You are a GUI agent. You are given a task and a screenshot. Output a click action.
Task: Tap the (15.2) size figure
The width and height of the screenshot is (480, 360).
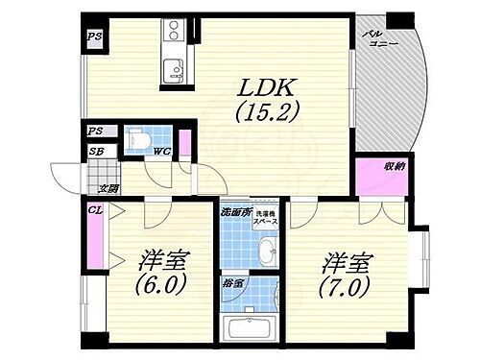[261, 111]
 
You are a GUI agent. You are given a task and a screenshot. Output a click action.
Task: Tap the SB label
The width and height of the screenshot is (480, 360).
[96, 151]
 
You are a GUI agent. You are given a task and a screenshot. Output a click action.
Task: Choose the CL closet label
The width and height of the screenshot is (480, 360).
[95, 210]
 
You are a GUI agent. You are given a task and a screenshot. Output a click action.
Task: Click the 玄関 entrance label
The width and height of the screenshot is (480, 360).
[108, 189]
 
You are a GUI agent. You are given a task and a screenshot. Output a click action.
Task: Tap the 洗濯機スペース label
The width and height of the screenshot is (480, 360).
[266, 220]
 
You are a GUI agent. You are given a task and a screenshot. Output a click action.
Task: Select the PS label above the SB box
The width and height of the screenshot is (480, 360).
[96, 132]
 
